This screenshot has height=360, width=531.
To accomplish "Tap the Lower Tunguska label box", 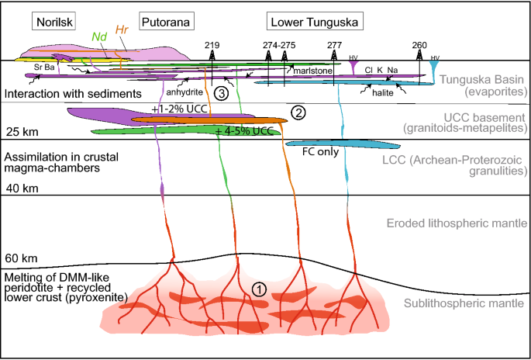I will (314, 22).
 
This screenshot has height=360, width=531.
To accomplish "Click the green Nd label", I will (98, 36).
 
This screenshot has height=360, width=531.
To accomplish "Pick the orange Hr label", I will (122, 30).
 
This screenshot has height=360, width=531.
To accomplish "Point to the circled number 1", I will (260, 288).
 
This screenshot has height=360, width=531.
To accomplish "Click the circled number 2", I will (298, 112).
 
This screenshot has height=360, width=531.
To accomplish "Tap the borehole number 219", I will (212, 45).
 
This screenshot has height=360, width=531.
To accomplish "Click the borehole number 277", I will (334, 45).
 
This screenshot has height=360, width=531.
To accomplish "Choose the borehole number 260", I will (419, 45).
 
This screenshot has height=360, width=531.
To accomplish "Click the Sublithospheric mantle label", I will (463, 303).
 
